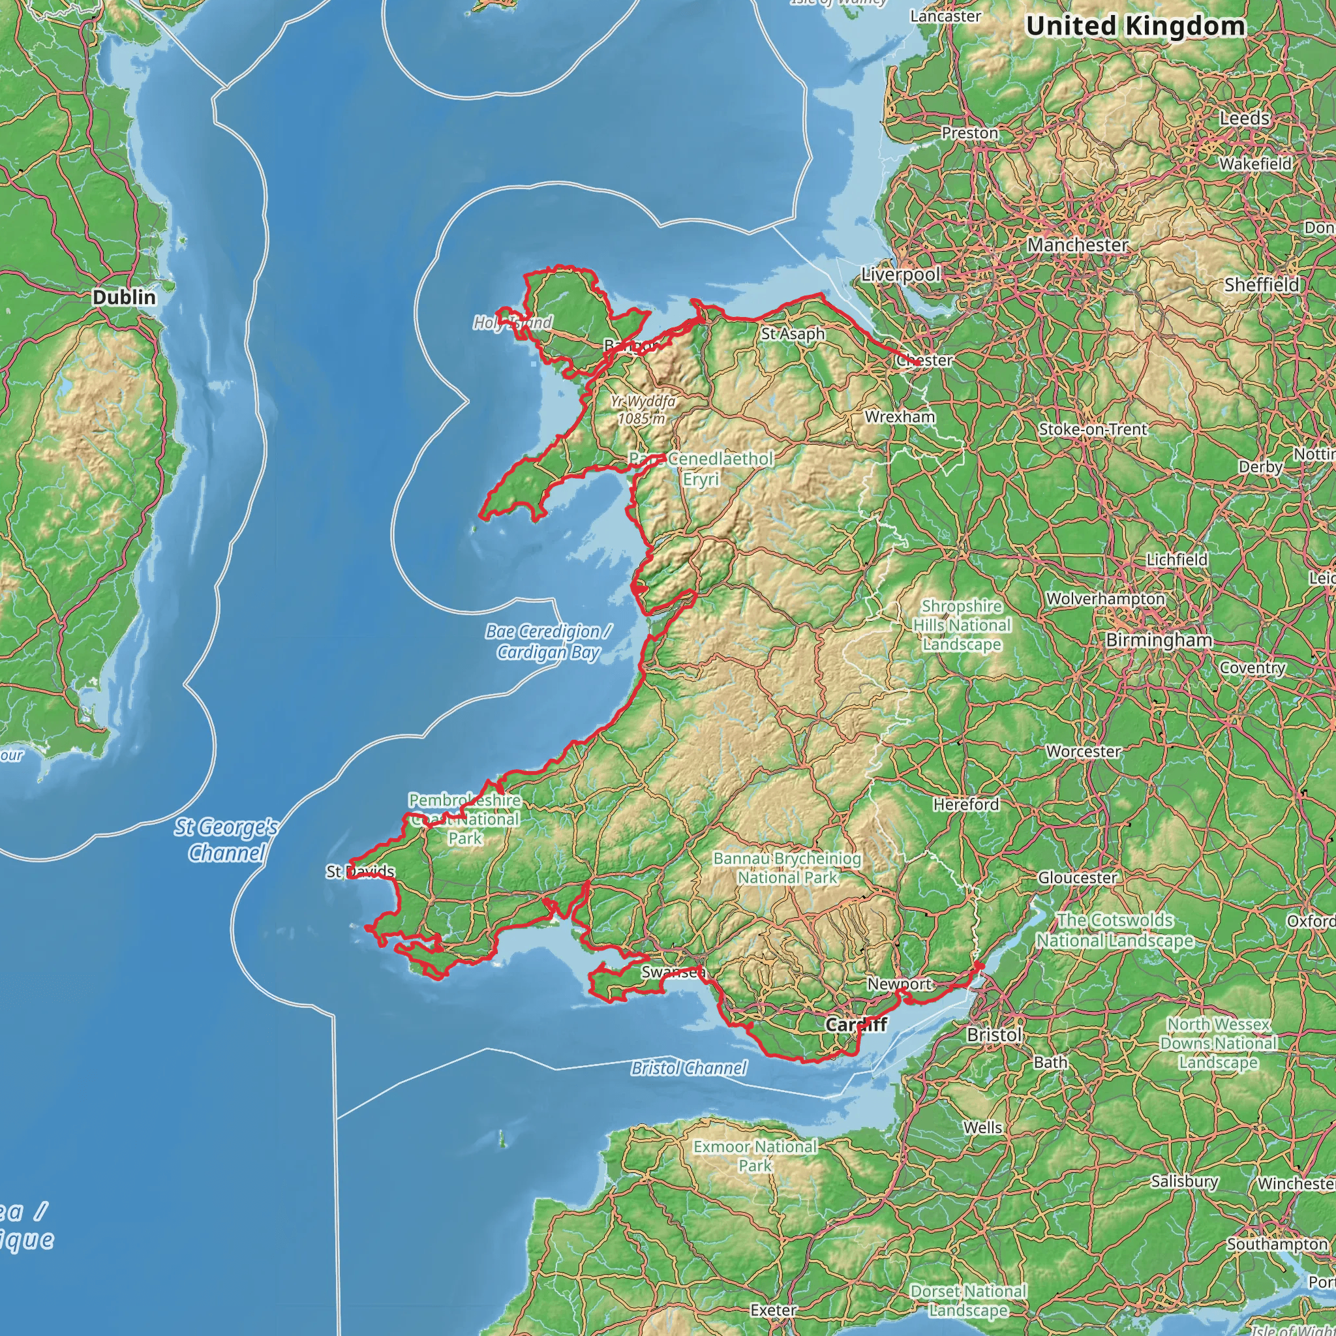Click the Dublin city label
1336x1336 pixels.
click(125, 297)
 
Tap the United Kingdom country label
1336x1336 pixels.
click(1135, 26)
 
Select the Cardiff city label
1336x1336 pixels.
click(855, 1024)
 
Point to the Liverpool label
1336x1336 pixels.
click(900, 275)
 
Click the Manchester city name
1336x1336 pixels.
click(1078, 245)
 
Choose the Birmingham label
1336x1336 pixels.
click(1159, 640)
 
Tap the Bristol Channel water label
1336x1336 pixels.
click(689, 1069)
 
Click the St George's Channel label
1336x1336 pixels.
click(226, 840)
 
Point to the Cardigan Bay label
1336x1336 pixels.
click(549, 642)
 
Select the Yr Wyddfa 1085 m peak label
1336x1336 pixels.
click(643, 410)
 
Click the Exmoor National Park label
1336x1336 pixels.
click(755, 1155)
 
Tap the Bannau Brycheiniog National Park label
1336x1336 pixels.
click(787, 868)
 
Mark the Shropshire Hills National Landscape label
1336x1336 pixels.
click(962, 625)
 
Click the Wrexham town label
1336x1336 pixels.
click(900, 417)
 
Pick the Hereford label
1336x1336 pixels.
click(966, 804)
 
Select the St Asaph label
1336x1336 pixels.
click(793, 333)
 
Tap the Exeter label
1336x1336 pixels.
click(774, 1310)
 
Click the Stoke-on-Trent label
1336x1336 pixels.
click(1093, 429)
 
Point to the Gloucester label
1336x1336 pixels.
click(1078, 877)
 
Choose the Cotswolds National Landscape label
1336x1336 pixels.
click(1115, 930)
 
